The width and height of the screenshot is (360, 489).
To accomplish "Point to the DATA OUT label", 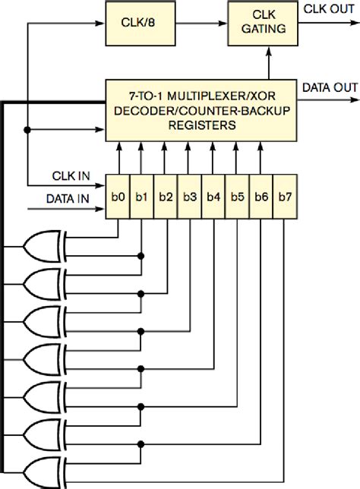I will [x=330, y=87].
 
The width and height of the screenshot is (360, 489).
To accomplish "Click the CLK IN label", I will [x=73, y=175].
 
